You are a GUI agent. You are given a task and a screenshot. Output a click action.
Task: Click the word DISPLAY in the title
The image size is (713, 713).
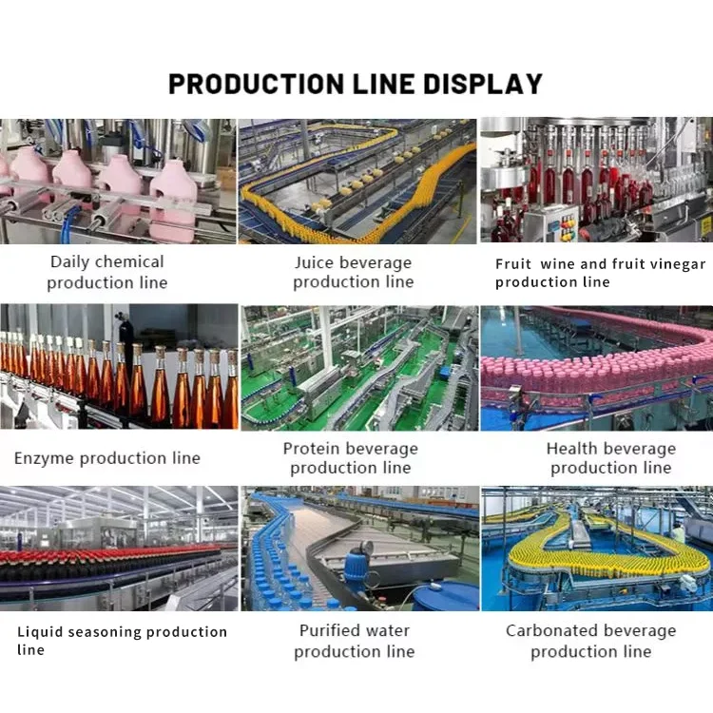[483, 84]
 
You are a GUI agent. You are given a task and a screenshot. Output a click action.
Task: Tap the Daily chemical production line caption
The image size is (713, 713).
[107, 272]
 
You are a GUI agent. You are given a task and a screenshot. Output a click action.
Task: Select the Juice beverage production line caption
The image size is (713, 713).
[353, 272]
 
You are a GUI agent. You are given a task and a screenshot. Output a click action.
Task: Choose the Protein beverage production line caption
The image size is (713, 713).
[351, 458]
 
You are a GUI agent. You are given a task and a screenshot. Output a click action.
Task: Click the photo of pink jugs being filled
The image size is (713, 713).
[118, 181]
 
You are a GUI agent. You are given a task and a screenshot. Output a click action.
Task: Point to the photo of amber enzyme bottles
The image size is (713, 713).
[118, 367]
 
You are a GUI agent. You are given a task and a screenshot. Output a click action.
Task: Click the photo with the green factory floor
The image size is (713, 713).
[358, 367]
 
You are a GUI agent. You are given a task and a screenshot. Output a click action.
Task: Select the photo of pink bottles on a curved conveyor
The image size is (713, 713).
[596, 367]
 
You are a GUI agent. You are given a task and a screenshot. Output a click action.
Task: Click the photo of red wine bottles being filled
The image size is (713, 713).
[596, 181]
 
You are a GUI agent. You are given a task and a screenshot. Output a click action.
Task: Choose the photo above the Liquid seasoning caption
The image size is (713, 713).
[118, 549]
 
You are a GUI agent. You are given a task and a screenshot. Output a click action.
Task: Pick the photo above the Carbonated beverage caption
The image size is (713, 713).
[596, 549]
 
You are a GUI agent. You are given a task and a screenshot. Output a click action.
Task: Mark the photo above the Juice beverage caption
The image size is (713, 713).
[356, 181]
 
